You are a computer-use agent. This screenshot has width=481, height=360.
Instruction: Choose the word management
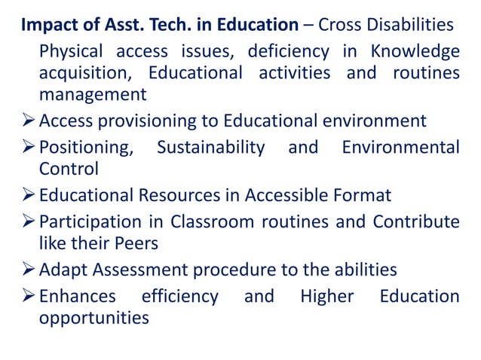click(93, 95)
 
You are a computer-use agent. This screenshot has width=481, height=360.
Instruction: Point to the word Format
click(357, 196)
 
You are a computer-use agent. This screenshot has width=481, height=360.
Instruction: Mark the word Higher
click(326, 296)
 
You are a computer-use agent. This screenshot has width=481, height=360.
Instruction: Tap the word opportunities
click(93, 317)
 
